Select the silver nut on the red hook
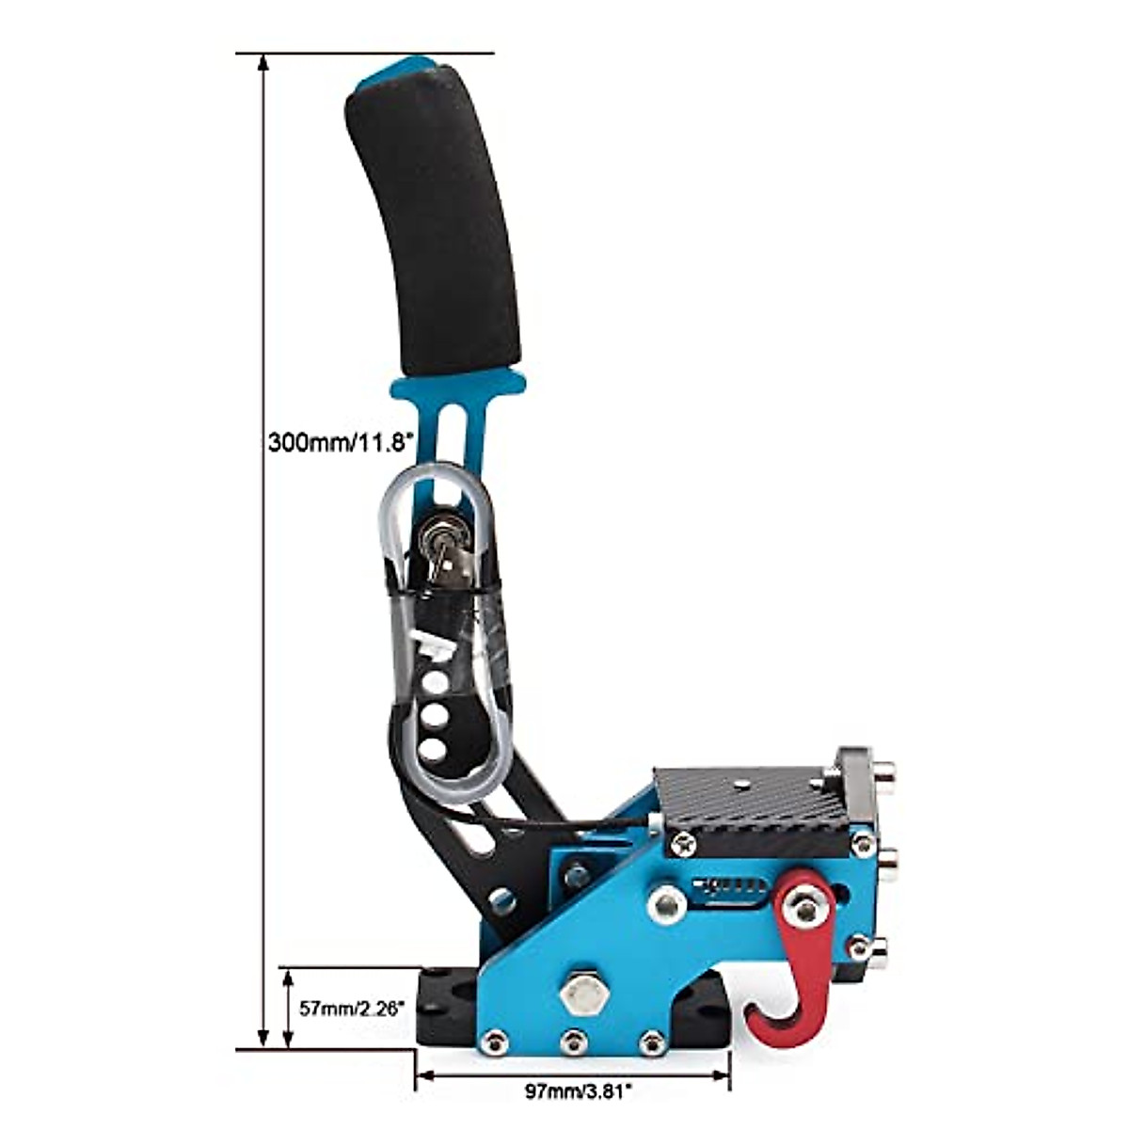click(805, 908)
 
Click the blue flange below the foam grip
click(458, 383)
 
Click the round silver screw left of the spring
click(667, 903)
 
